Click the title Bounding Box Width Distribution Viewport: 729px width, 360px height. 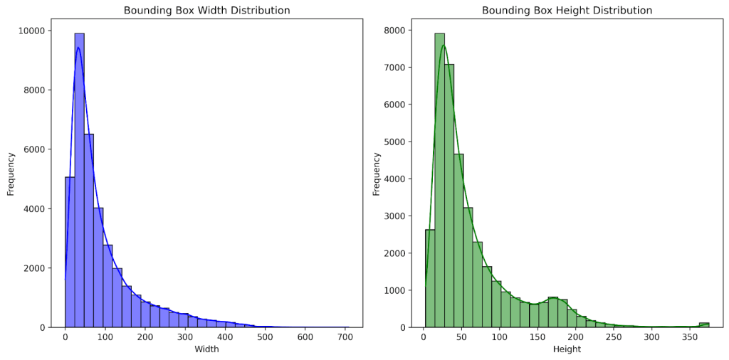[206, 11]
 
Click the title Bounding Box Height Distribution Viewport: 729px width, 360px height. [567, 11]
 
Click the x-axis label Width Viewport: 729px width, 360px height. [206, 349]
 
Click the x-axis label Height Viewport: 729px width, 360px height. [567, 349]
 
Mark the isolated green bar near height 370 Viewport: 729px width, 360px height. [704, 325]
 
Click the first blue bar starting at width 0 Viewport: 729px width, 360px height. [70, 253]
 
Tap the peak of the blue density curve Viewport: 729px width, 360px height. [78, 48]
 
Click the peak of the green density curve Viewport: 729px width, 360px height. [444, 46]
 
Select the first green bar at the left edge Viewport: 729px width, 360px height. [430, 278]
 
